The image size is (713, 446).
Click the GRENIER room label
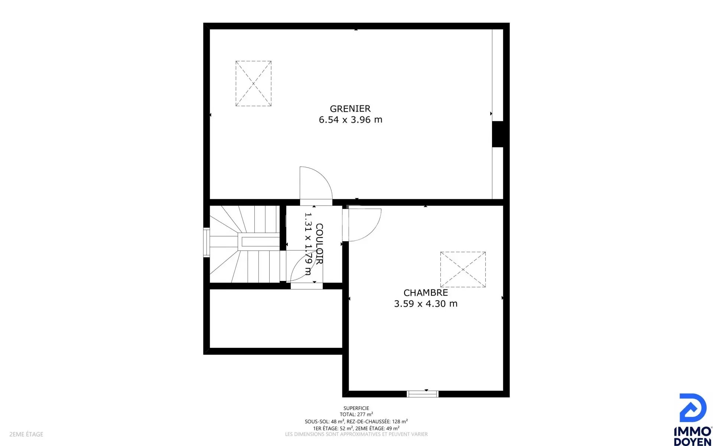[350, 109]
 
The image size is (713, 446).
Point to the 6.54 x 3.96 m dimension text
[351, 120]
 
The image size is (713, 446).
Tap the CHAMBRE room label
[426, 293]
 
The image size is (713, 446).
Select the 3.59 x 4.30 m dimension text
[426, 304]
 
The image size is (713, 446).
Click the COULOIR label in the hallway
[319, 244]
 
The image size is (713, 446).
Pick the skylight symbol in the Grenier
[253, 84]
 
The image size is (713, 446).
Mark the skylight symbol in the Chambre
[463, 269]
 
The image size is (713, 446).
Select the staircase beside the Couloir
[245, 244]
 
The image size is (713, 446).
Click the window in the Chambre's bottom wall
[423, 394]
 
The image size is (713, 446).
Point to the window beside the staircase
[206, 242]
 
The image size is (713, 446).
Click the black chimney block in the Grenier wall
[498, 134]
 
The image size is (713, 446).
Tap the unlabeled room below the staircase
[276, 319]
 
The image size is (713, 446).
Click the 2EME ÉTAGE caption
[26, 434]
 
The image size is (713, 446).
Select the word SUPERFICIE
[356, 408]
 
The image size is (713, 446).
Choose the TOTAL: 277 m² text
[356, 414]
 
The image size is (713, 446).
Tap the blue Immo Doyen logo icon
[693, 408]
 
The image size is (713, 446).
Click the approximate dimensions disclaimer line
[356, 434]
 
